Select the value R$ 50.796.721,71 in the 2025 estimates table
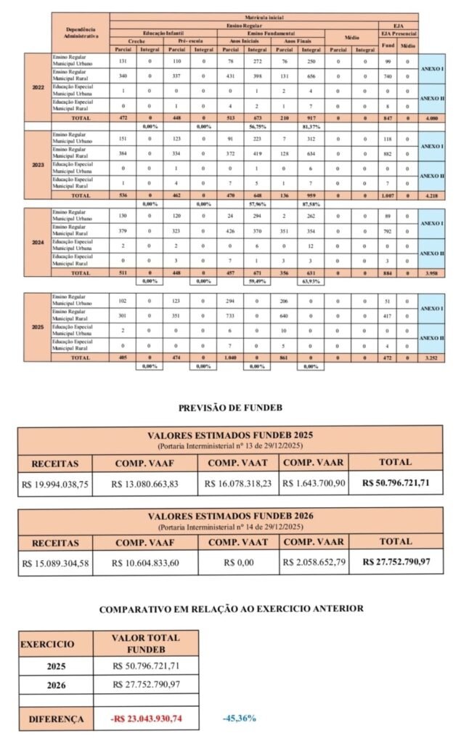pos(395,483)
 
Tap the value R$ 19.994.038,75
pos(55,483)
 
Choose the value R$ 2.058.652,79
pos(313,562)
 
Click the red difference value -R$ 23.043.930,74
pos(146,719)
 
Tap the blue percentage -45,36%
pos(239,719)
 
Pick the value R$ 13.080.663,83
pos(145,483)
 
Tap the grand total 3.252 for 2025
pos(432,358)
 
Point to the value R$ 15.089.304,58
pos(55,562)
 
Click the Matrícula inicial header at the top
pos(264,16)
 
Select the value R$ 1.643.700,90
pos(313,483)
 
